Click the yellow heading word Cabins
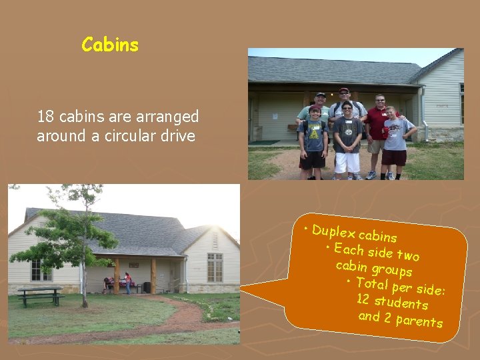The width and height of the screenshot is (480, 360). click(x=110, y=45)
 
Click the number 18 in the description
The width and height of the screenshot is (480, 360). click(x=45, y=117)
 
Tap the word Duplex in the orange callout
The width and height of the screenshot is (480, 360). click(x=333, y=231)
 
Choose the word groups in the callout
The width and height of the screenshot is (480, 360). click(x=391, y=270)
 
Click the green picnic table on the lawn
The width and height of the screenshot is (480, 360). click(x=40, y=294)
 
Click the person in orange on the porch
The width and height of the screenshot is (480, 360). click(x=127, y=282)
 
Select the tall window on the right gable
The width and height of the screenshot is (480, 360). click(x=215, y=267)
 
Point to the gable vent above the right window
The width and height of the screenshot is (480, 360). click(x=215, y=238)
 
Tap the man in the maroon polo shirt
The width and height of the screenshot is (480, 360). click(x=379, y=133)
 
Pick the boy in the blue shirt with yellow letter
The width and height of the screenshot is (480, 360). click(x=313, y=140)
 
